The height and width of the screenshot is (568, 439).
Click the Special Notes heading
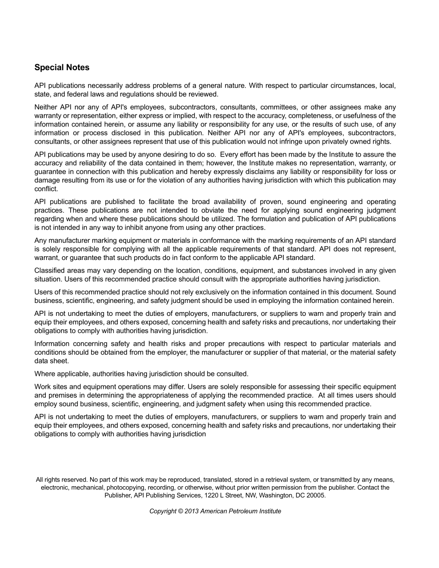tap(62, 67)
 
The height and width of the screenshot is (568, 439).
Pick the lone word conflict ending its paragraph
tap(46, 189)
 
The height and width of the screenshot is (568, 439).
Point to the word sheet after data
tap(60, 361)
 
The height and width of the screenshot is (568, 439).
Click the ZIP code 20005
tap(316, 495)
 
